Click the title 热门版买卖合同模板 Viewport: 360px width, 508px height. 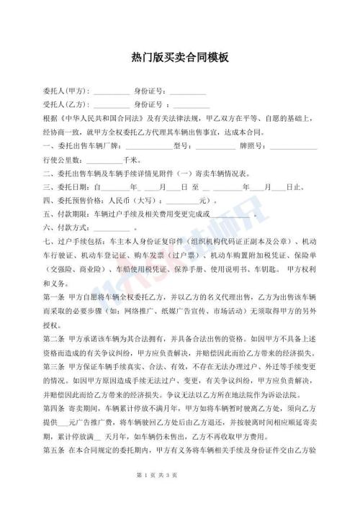(180, 57)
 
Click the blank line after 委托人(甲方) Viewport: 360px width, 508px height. (112, 93)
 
